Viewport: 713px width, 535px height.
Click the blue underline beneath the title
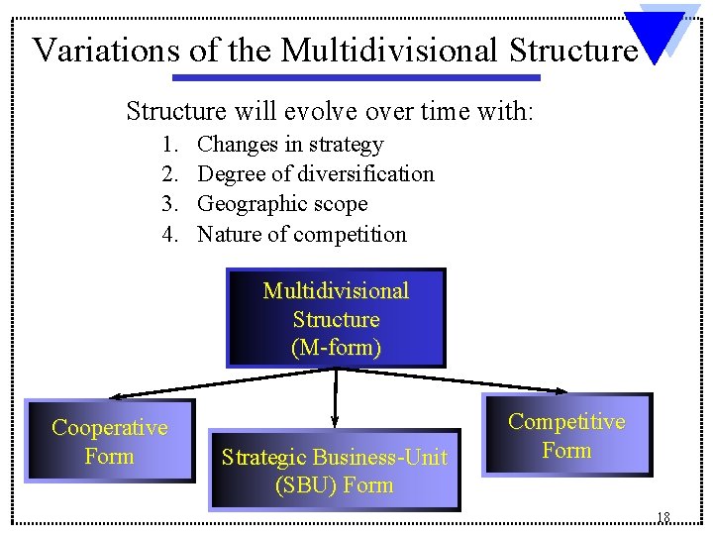(x=356, y=77)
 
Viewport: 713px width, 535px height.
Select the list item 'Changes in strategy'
(x=290, y=145)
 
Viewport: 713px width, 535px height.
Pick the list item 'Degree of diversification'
(x=316, y=174)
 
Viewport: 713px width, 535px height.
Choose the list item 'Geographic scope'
(x=282, y=204)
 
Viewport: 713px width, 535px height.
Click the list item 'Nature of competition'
(x=302, y=235)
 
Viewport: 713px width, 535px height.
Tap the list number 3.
(x=170, y=204)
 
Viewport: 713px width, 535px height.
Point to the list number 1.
(x=170, y=145)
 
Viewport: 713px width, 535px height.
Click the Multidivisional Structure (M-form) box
(x=336, y=318)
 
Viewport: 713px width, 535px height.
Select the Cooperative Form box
(x=109, y=441)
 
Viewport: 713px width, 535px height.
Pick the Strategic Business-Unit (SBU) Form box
(x=335, y=471)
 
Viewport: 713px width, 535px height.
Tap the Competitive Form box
(x=566, y=435)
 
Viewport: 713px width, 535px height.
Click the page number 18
(x=662, y=517)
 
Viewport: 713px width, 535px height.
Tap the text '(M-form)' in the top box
(x=336, y=348)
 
